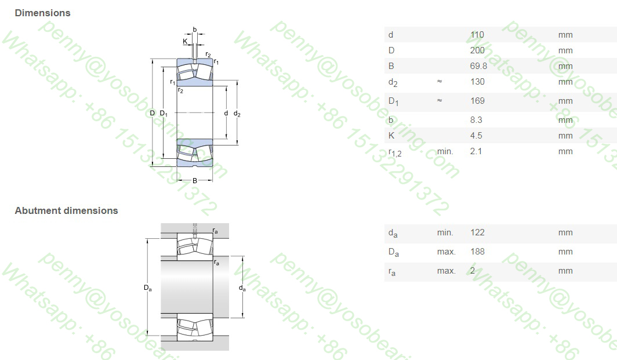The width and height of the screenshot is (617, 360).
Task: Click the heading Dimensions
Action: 42,13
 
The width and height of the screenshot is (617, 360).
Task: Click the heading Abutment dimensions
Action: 67,210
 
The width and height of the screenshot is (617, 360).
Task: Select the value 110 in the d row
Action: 477,35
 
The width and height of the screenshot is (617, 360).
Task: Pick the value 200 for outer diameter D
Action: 477,50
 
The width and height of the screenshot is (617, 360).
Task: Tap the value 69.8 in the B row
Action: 478,66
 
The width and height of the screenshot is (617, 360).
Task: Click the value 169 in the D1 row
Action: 477,101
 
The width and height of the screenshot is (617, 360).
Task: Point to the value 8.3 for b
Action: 476,120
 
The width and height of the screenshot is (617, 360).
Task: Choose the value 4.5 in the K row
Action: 476,136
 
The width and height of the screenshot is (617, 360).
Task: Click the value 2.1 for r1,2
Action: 476,151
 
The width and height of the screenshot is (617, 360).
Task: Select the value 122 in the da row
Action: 477,232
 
